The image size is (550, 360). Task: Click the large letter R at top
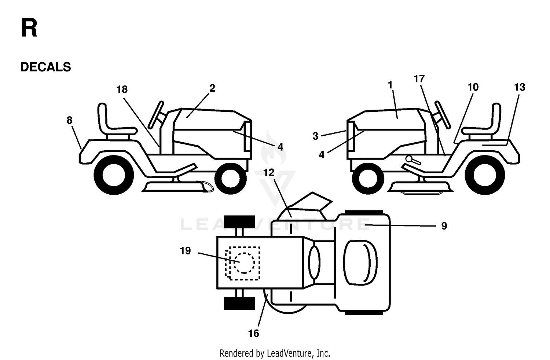(29, 28)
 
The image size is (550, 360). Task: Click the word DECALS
(46, 67)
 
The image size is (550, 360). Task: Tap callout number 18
(122, 89)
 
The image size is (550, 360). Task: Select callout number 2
(212, 88)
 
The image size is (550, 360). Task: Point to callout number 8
(70, 120)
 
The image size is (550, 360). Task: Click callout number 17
(419, 79)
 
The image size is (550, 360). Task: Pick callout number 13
(520, 87)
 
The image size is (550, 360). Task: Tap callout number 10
(473, 87)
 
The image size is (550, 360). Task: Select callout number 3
(315, 136)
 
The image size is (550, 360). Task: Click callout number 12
(269, 173)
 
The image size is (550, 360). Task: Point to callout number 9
(444, 226)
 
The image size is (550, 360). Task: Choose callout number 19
(185, 251)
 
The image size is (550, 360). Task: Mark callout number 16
(253, 334)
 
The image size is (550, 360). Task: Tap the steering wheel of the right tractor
(442, 115)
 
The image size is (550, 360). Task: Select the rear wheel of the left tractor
(114, 175)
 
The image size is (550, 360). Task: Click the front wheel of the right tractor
(368, 178)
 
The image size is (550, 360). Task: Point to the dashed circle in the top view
(244, 263)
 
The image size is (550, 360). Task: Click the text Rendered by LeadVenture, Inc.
(275, 353)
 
